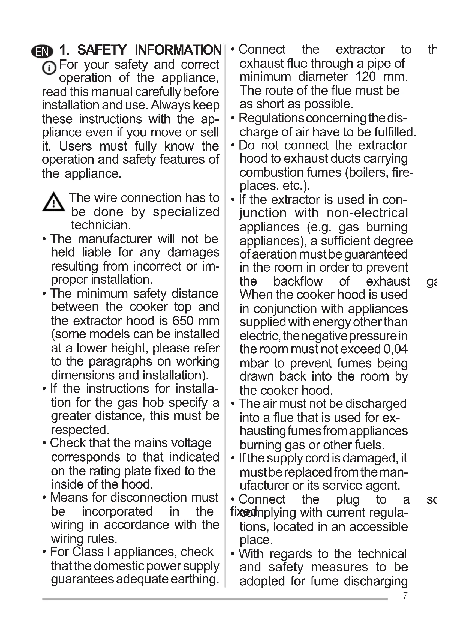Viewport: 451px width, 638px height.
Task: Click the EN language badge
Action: tap(42, 51)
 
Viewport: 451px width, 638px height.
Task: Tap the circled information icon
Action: tap(49, 68)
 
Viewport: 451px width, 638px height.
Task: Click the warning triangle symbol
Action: tap(54, 202)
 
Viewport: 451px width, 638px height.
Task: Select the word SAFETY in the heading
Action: tap(102, 50)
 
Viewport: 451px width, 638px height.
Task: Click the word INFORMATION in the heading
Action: tap(178, 50)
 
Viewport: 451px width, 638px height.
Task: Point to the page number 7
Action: tap(405, 596)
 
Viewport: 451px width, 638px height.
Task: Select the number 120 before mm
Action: tap(365, 77)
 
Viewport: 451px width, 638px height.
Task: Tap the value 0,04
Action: tap(395, 349)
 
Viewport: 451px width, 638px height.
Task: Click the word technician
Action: tap(101, 225)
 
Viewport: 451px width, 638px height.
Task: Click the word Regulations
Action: tap(271, 118)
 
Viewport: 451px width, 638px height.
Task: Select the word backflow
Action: tap(298, 281)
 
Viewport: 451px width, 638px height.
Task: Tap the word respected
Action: tap(80, 430)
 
